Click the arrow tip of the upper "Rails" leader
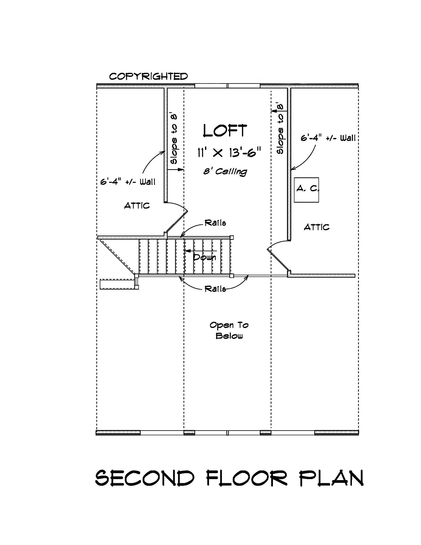coord(181,237)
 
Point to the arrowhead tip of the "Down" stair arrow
coord(184,251)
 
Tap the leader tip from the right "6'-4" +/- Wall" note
coord(291,170)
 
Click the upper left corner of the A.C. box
coord(294,178)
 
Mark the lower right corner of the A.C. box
coord(319,202)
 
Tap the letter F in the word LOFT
coord(231,131)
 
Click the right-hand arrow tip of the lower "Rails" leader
coord(248,275)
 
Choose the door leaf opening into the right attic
coord(278,260)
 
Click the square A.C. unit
coord(306,190)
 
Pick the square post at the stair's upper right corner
coord(232,237)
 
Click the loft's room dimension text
coord(229,153)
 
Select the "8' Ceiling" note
coord(225,172)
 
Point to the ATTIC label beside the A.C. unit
coord(316,227)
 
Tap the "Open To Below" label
coord(229,331)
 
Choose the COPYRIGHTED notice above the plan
coord(148,76)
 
